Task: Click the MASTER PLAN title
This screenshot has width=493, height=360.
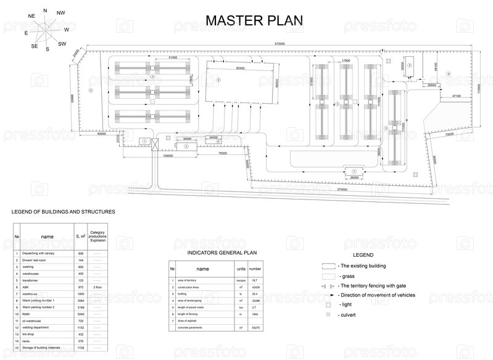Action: (254, 20)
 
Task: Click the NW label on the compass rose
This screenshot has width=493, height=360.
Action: (60, 13)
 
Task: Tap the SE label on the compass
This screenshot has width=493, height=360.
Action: (35, 46)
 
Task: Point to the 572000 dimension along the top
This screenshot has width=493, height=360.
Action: (280, 44)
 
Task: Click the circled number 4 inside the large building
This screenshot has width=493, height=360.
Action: (218, 80)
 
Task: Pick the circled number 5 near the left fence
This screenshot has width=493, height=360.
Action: (91, 91)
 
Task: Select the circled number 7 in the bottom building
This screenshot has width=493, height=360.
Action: (354, 171)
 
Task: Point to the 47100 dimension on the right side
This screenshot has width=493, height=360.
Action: (456, 96)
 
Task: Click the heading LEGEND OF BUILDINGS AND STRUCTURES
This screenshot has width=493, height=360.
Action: (64, 212)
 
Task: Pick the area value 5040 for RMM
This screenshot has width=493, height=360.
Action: (80, 314)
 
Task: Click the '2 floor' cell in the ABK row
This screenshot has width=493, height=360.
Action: (97, 287)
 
